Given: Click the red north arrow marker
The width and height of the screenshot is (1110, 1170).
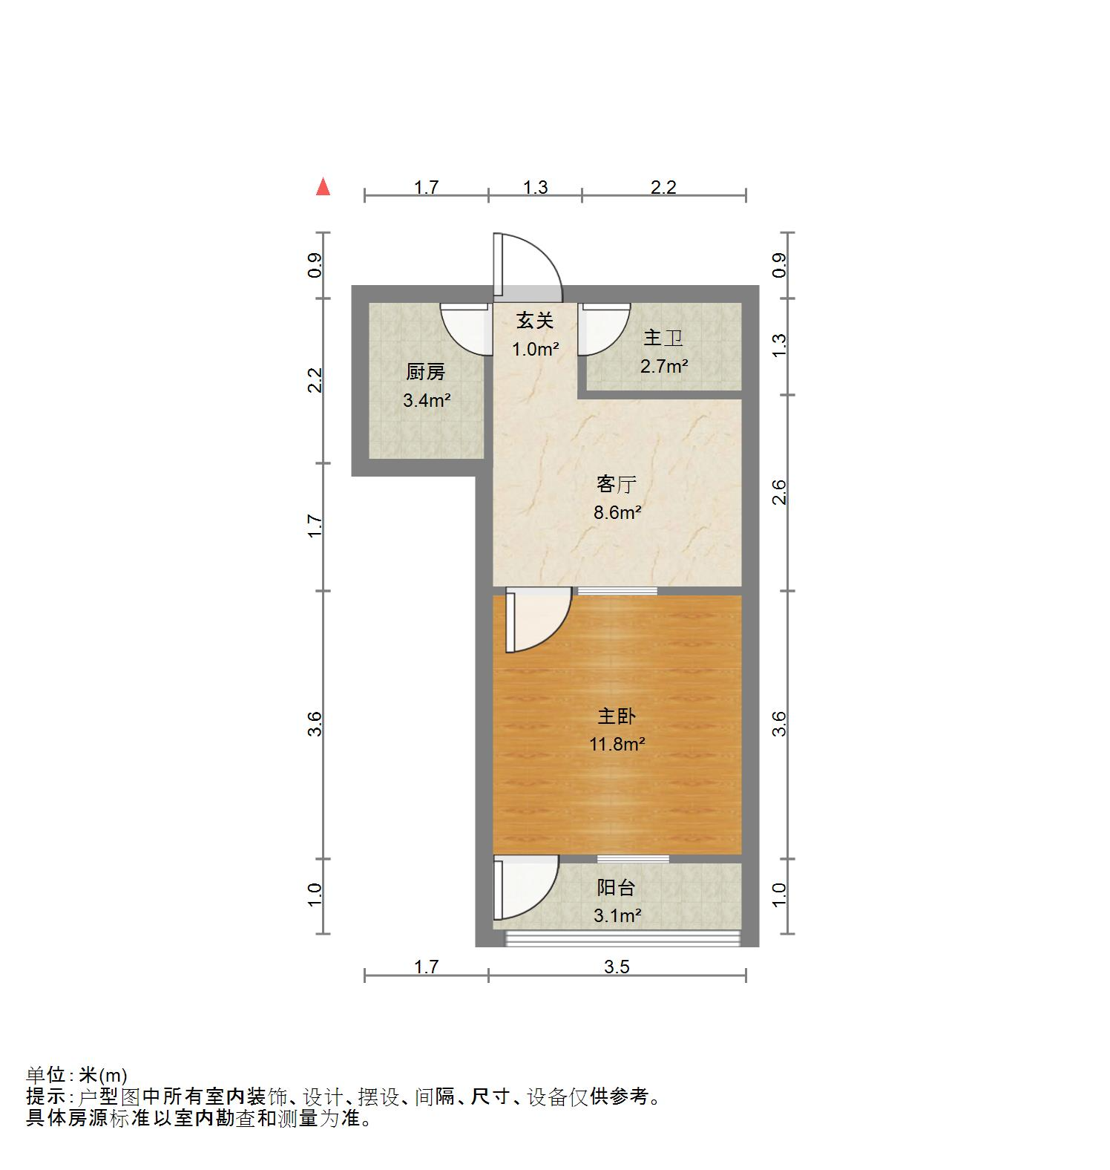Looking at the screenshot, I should pos(323,186).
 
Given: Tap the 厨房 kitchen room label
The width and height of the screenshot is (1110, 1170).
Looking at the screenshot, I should pos(426,372).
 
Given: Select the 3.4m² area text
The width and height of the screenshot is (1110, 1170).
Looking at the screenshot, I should pos(427,401).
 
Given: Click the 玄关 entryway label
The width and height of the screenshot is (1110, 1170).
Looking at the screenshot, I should pos(535,321).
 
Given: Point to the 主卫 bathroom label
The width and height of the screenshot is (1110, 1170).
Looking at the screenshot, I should pos(663,338).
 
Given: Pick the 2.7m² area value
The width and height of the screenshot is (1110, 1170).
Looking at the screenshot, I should pos(664,366).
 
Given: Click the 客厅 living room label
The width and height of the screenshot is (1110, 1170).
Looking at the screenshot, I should pos(617,485).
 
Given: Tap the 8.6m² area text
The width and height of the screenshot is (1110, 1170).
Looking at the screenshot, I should pos(617,512).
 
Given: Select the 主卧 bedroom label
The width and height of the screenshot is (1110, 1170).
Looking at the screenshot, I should pos(617,716).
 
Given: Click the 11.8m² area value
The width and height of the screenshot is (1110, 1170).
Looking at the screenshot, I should pos(617,744).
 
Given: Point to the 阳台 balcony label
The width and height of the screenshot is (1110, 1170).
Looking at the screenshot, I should pos(617,888).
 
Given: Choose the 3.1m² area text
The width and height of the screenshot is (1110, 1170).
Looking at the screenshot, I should pos(617,916).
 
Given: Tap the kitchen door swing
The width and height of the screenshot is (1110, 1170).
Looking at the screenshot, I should pos(466,330).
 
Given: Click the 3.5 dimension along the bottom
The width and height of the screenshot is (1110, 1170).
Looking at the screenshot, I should pos(617,967).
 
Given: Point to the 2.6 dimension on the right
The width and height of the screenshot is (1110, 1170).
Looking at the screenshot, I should pos(779,492).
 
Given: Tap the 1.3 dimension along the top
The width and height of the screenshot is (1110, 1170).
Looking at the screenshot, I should pos(535,187).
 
